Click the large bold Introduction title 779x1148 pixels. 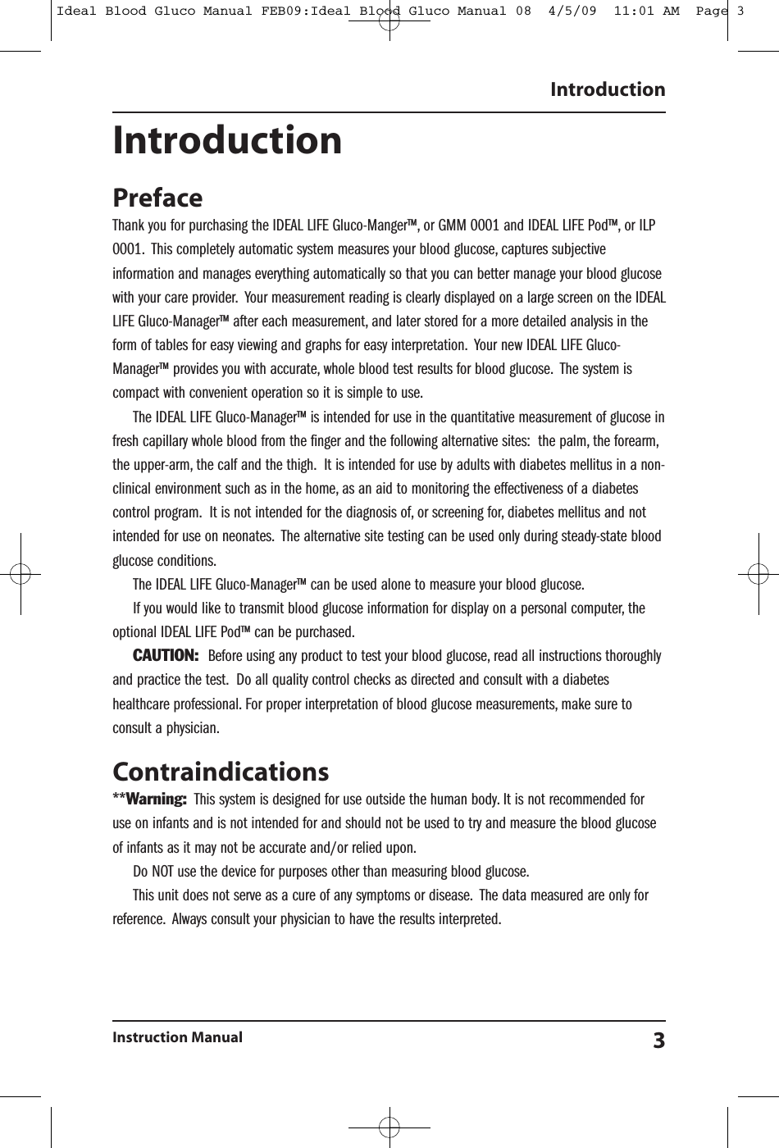(x=227, y=140)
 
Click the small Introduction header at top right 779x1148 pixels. (x=608, y=89)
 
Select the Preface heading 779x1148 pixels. (x=157, y=198)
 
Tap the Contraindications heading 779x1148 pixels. (x=221, y=772)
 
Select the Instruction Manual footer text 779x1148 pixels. (x=177, y=1037)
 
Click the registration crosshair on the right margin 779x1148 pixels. (x=758, y=573)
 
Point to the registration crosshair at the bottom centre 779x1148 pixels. (x=389, y=1127)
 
